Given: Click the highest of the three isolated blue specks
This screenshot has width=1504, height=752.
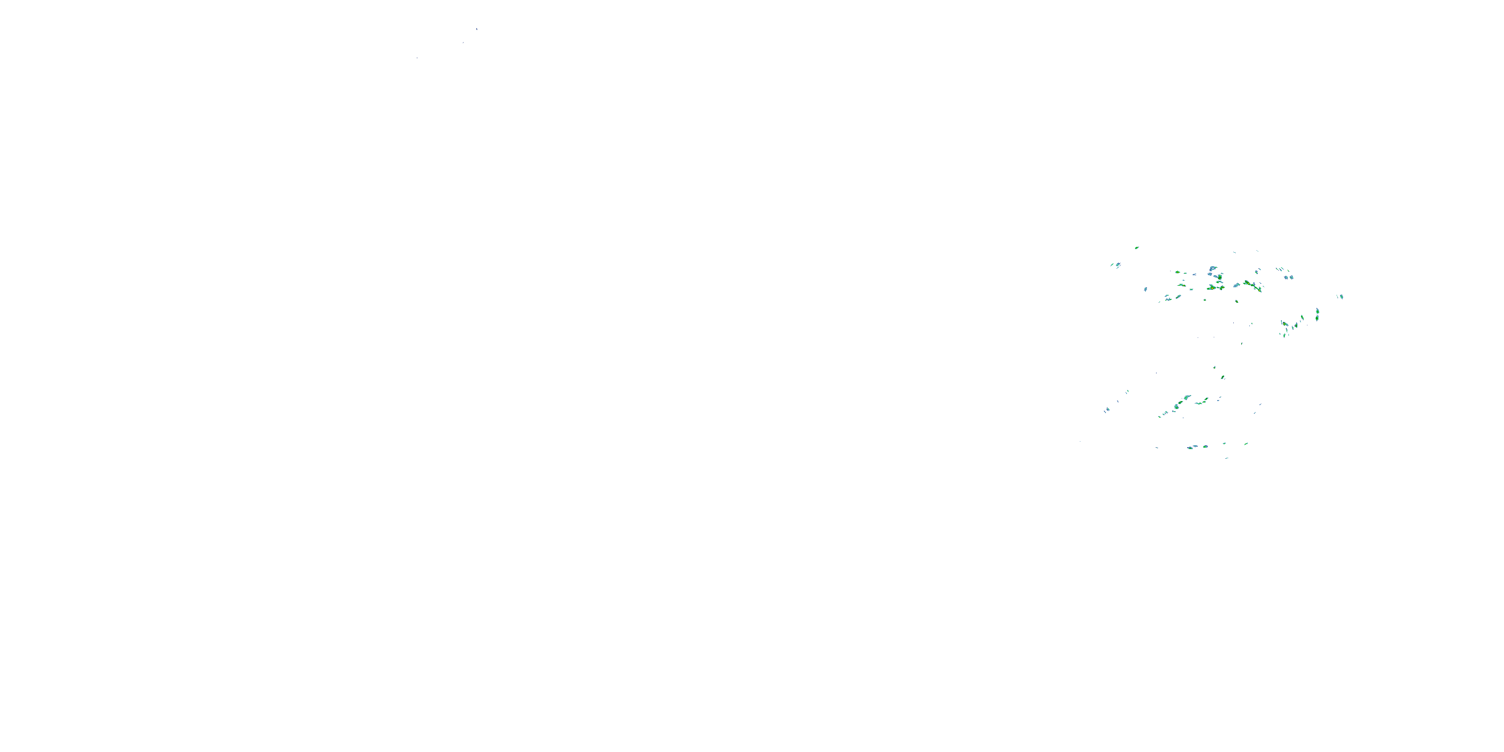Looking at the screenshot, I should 476,29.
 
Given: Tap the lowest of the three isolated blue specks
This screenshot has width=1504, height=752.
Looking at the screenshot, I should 417,58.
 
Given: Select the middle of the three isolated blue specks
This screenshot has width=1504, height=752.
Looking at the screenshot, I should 464,43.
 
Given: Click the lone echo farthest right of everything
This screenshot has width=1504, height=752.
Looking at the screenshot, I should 1341,297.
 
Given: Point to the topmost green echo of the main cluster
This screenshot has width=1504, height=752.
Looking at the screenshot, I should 1137,248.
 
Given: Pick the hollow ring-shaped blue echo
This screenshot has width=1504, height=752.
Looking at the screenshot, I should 1213,269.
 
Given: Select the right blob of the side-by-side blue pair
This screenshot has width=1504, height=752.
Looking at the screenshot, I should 1291,277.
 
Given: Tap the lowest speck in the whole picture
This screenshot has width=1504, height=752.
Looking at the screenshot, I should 1227,458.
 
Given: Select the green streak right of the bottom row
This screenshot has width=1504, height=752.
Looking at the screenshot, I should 1246,444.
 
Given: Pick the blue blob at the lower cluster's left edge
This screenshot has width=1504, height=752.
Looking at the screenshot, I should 1106,411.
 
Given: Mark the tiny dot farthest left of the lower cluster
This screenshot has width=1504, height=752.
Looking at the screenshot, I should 1080,441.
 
